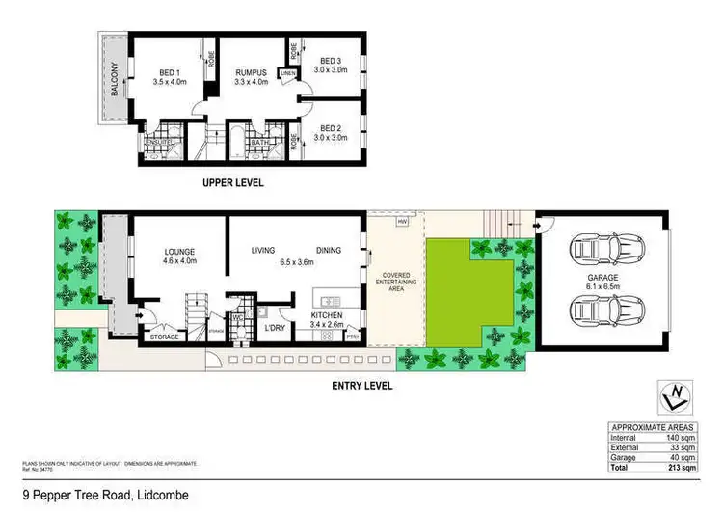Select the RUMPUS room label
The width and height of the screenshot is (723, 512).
pos(254,69)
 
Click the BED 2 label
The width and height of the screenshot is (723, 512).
pos(331,127)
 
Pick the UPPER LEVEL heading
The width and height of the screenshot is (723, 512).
pos(232,182)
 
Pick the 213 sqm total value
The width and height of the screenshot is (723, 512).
pos(682,467)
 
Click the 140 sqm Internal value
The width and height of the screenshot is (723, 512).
pos(681,437)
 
